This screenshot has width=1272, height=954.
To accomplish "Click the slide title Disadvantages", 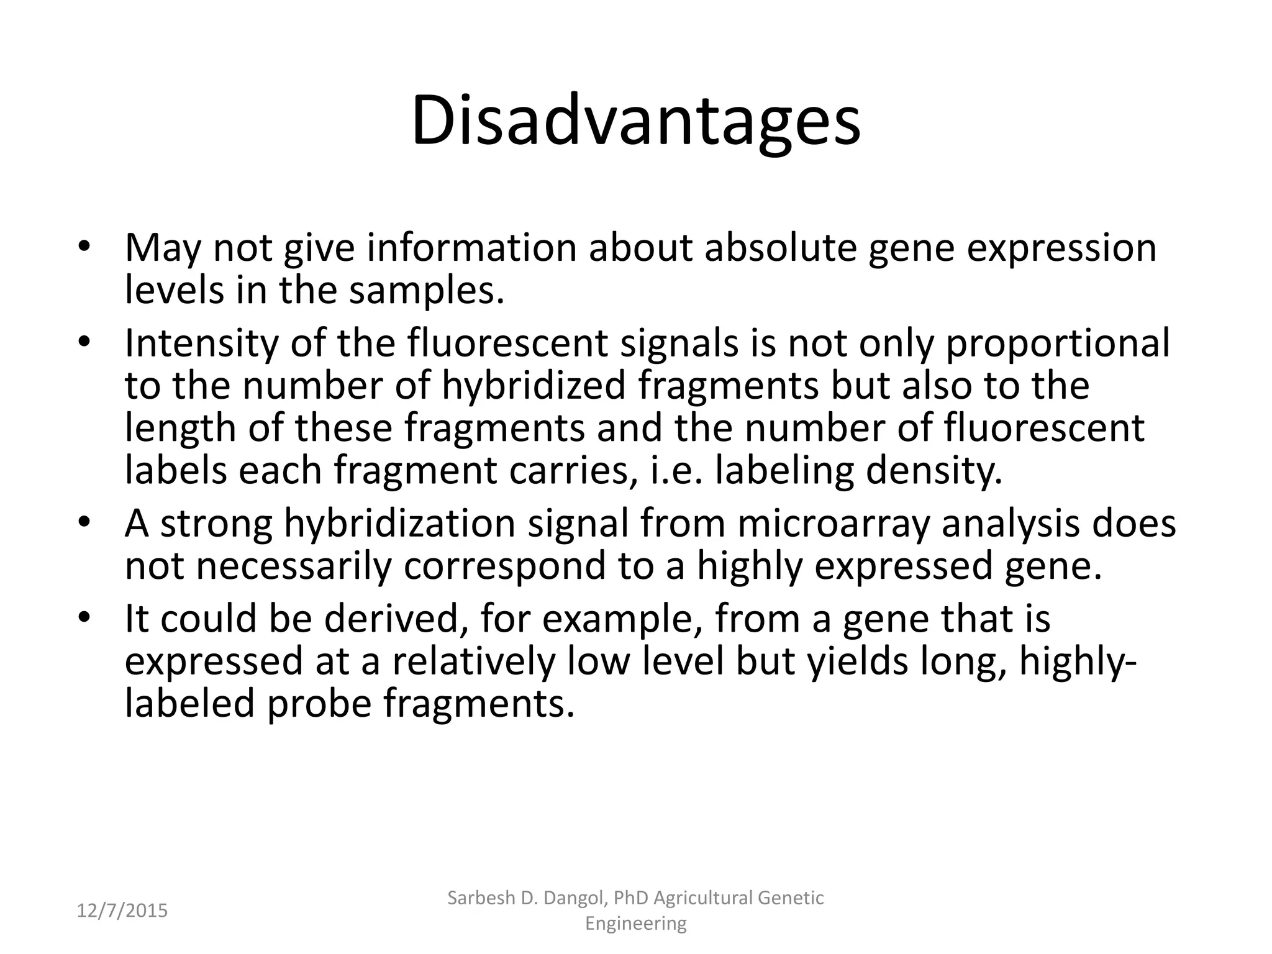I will tap(635, 122).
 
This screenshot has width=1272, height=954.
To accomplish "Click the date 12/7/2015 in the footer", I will tap(122, 911).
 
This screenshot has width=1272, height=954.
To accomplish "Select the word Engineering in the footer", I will tap(636, 924).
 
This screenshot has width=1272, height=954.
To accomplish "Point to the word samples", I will tap(426, 290).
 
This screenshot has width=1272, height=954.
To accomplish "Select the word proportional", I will tap(1057, 343).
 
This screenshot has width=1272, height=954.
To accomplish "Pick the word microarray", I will tap(834, 523).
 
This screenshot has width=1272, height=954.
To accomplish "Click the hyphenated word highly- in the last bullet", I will tap(1078, 661).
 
